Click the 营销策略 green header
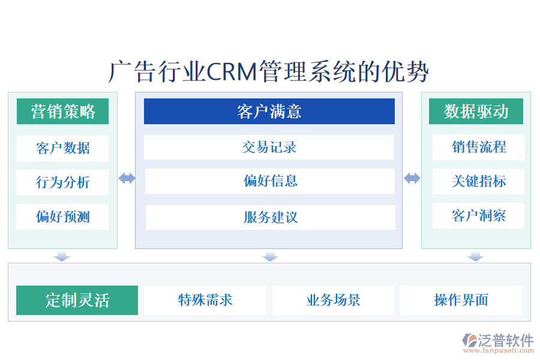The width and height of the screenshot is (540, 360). (x=62, y=112)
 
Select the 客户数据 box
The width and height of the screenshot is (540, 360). (x=62, y=148)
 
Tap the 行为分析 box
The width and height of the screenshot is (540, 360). (x=62, y=182)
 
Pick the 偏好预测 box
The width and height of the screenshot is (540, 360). (x=62, y=217)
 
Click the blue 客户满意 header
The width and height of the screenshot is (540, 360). (x=269, y=112)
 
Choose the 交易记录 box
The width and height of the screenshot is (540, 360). (x=269, y=147)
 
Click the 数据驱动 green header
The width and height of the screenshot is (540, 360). (x=476, y=112)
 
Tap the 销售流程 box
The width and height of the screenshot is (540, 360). (x=478, y=147)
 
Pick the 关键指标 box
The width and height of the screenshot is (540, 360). (x=478, y=181)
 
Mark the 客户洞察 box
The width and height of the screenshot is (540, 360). (x=478, y=215)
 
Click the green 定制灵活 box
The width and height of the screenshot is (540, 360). (x=77, y=300)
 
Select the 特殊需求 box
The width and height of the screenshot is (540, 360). (x=205, y=300)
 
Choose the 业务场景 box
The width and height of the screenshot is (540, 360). (x=333, y=300)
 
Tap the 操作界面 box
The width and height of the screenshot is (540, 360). (x=461, y=300)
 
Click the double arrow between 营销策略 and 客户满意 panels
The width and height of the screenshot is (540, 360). (x=127, y=178)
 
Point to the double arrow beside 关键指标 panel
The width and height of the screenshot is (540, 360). (x=412, y=178)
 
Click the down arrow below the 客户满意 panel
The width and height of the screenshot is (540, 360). (x=270, y=256)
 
